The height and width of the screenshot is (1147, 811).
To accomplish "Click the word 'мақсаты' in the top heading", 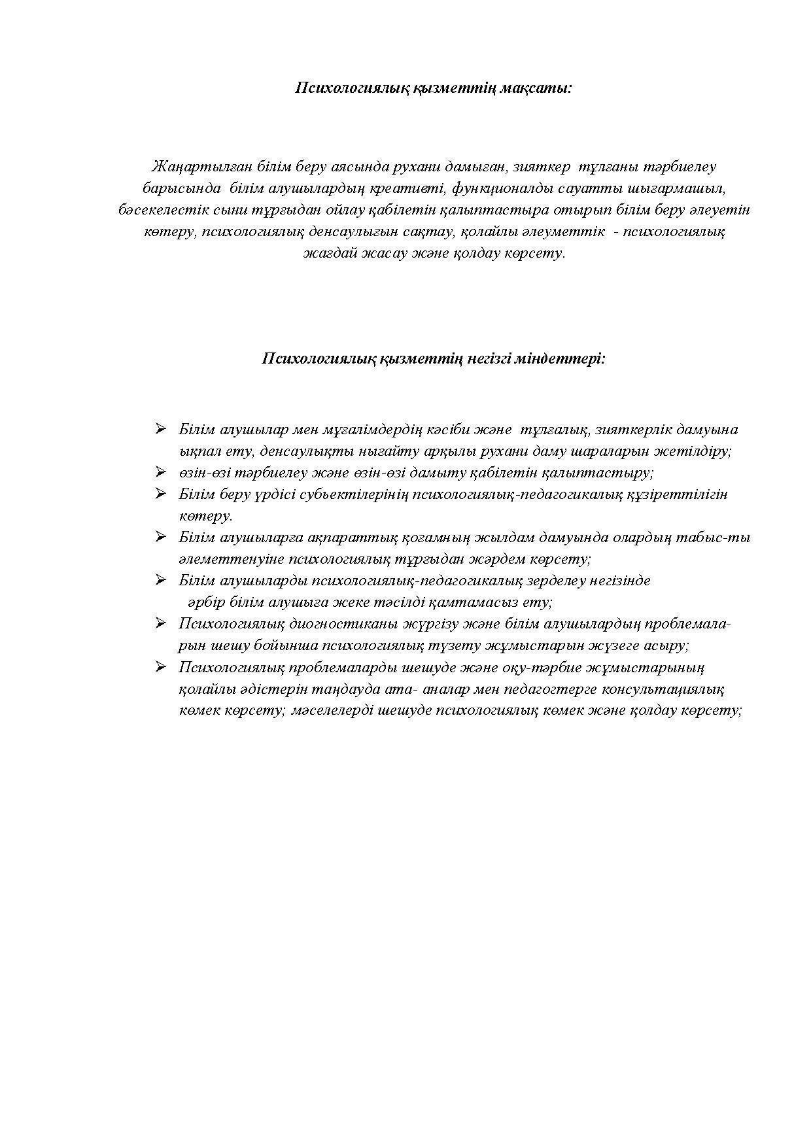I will (x=535, y=88).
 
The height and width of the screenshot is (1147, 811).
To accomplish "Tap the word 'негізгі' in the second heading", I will (x=489, y=358).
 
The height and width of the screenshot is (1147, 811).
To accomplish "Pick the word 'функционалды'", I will (x=502, y=188).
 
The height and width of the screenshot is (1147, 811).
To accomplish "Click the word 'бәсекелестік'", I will (x=162, y=210).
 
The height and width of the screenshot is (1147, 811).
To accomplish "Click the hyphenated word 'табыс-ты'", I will (x=721, y=538).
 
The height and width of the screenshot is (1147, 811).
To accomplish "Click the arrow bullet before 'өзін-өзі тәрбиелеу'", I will (x=160, y=471).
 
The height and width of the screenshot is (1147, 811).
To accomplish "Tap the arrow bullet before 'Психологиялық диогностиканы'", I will (x=160, y=623).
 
